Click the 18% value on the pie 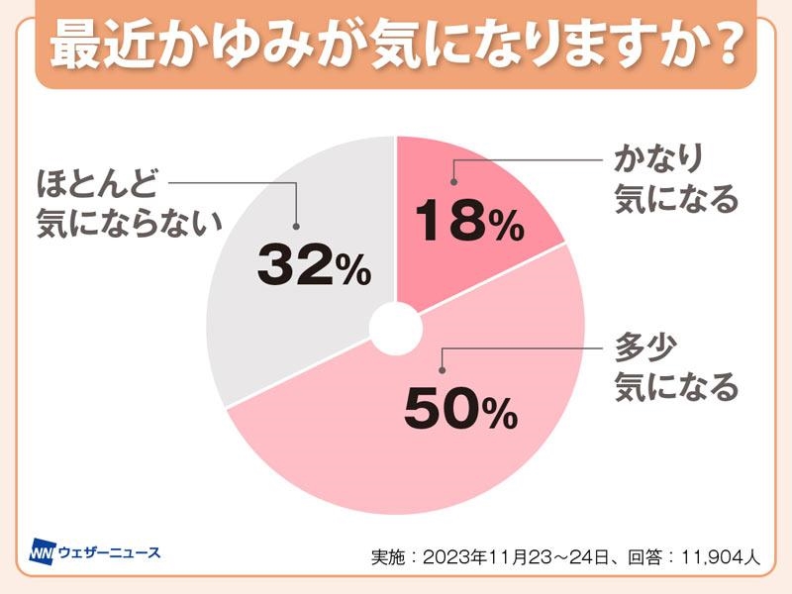467,223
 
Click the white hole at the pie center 396,328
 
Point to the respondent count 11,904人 719,557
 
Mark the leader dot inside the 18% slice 454,181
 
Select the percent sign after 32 353,270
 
